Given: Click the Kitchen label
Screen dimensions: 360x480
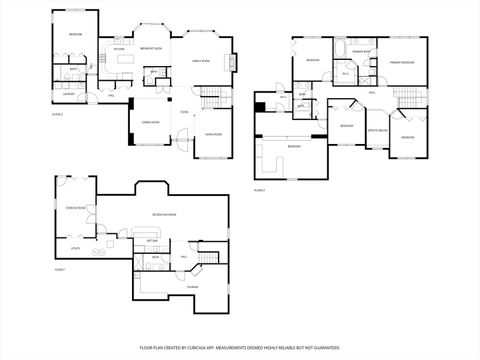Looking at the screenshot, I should (118, 48).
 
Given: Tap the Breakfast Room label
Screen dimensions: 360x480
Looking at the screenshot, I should (152, 48).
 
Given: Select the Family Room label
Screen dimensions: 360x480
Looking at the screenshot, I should (200, 61).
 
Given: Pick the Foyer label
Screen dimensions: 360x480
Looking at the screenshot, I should (184, 112).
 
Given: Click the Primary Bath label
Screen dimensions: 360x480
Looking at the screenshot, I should (361, 50).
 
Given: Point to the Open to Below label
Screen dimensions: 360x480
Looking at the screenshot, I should (377, 131).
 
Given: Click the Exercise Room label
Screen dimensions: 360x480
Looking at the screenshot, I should (73, 208).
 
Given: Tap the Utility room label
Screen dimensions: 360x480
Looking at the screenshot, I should (75, 246).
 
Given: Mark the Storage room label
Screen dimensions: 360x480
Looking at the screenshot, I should (192, 287).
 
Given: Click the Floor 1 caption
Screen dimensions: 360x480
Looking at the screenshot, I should (60, 270).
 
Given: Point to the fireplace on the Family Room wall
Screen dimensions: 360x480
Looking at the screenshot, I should (236, 63).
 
